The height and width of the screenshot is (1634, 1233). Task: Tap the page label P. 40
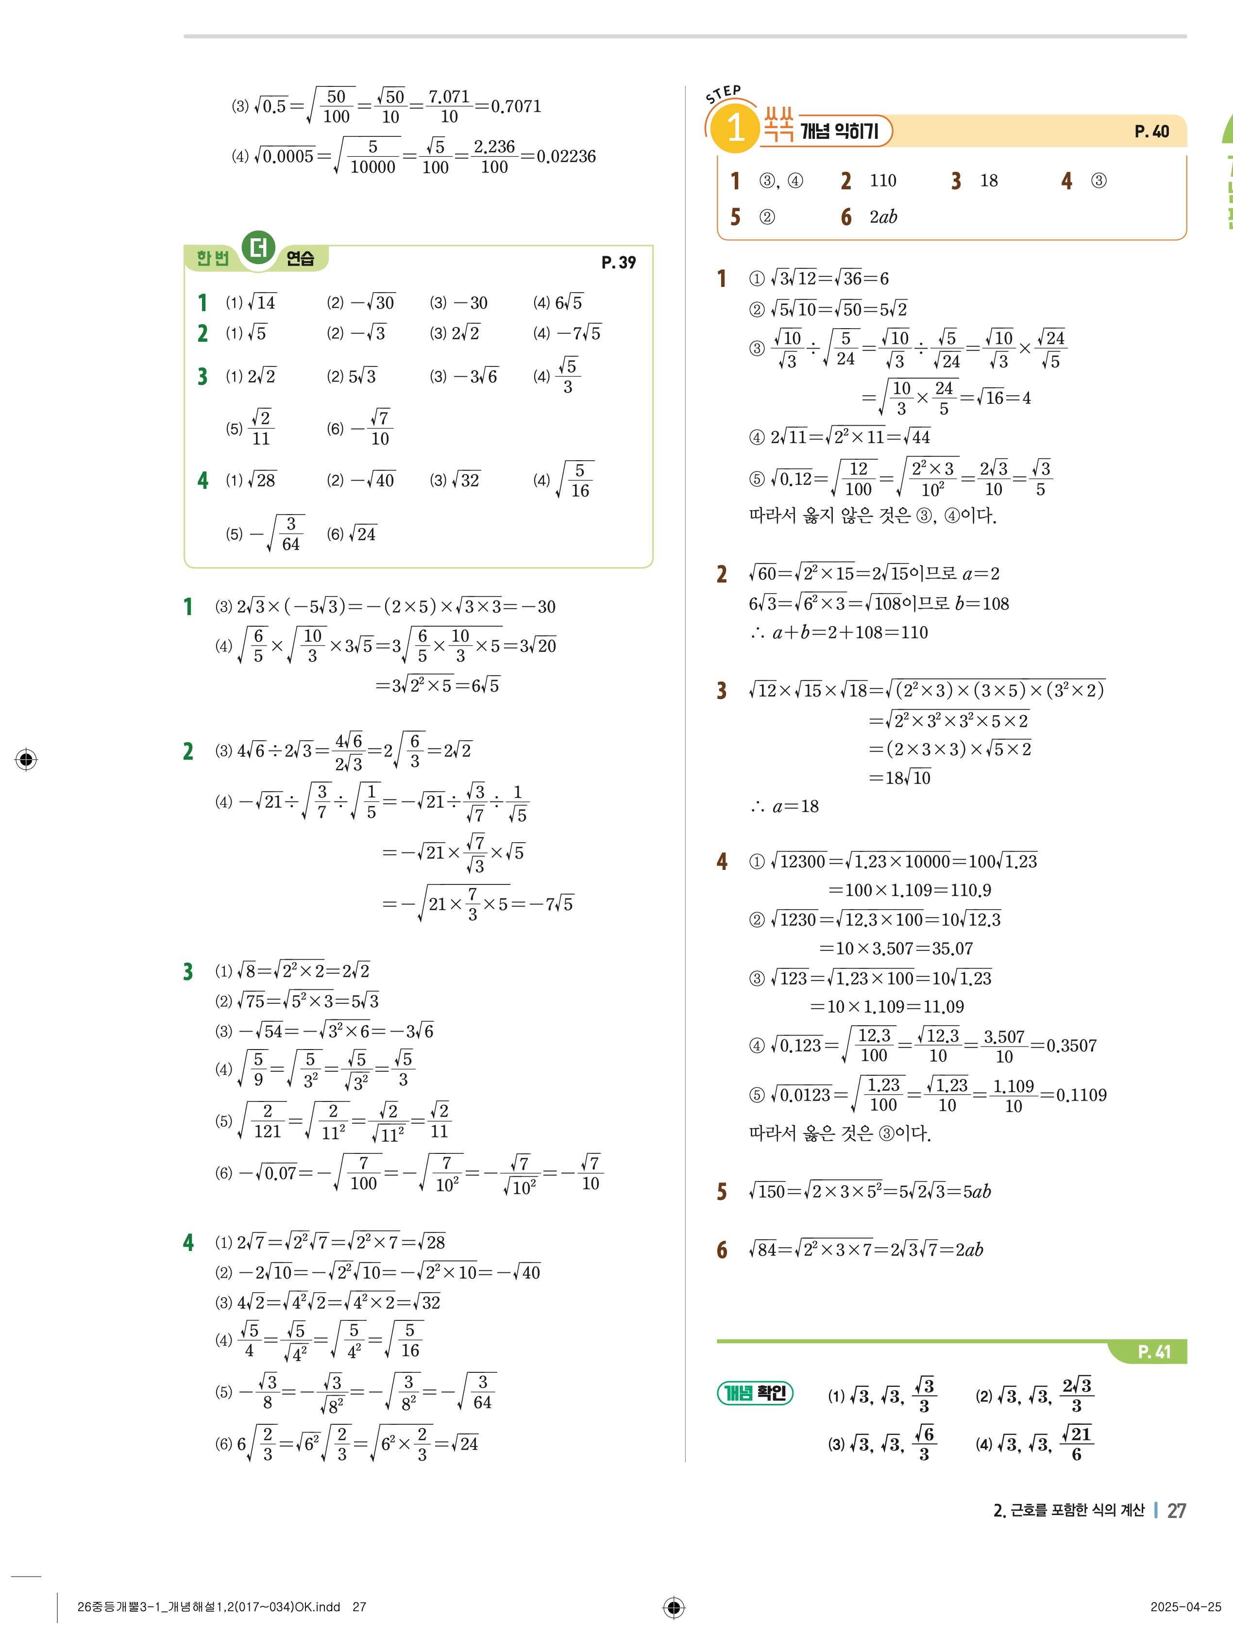[x=1151, y=132]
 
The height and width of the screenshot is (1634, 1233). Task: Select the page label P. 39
[x=618, y=262]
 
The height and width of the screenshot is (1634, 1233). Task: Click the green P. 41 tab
[x=1153, y=1352]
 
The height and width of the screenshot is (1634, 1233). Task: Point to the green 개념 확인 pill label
[x=754, y=1393]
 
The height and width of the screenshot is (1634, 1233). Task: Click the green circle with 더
[x=258, y=248]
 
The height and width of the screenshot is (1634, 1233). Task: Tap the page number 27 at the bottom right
[x=1176, y=1511]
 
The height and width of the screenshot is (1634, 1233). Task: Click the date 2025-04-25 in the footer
[x=1185, y=1607]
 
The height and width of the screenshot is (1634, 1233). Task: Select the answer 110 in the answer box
[x=883, y=181]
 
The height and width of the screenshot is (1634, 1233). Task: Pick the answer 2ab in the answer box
[x=883, y=217]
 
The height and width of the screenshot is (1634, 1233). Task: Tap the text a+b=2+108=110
[x=849, y=633]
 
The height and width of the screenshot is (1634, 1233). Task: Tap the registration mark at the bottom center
[x=673, y=1607]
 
